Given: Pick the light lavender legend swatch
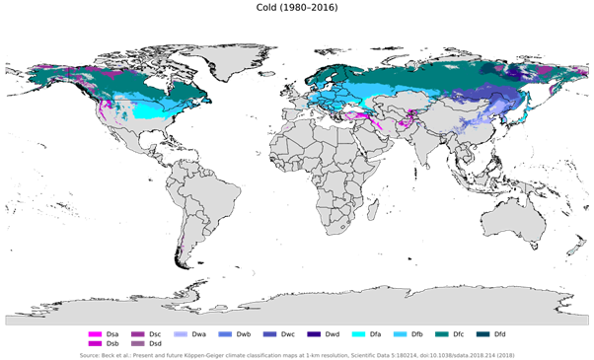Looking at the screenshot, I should [181, 335].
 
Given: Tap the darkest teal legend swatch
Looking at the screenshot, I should [483, 335].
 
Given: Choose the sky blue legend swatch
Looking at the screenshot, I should [400, 335].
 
